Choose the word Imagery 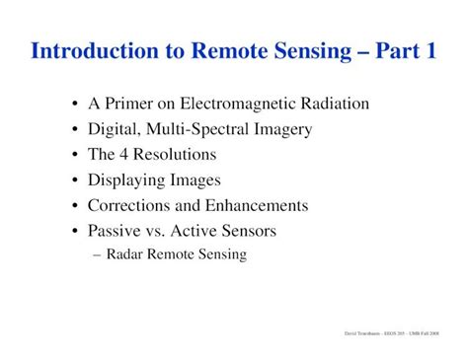(276, 129)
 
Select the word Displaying (124, 180)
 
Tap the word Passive (115, 232)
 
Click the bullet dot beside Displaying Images (76, 181)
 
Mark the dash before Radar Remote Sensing (96, 254)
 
